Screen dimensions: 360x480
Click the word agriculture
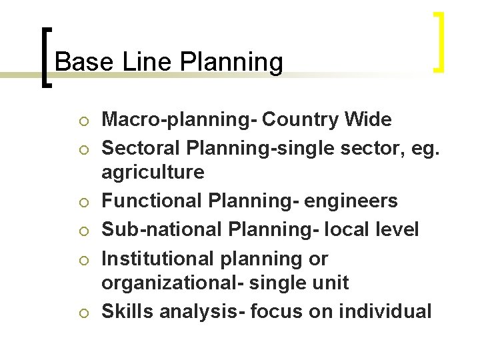coord(153,173)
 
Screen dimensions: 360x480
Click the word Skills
coord(125,311)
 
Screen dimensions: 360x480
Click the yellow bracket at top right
coord(439,42)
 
